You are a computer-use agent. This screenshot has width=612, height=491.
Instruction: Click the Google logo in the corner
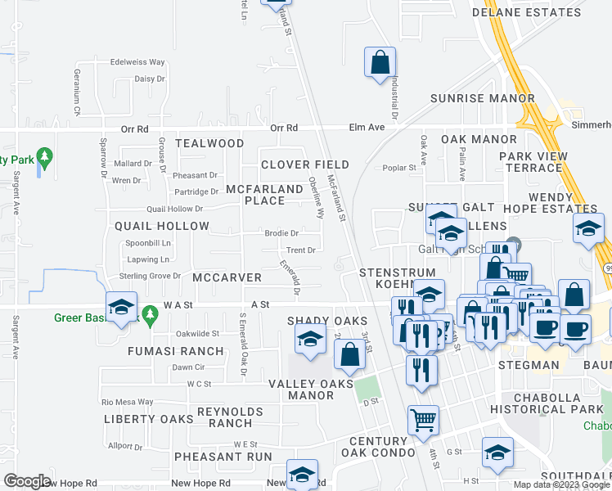27,481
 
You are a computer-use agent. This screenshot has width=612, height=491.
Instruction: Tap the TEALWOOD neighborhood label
209,143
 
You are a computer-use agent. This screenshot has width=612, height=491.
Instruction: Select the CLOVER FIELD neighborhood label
305,164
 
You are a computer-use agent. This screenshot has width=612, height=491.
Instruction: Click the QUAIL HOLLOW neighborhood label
162,226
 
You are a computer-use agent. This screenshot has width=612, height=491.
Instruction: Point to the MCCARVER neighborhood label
227,278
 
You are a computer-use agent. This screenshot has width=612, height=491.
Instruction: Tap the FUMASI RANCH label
175,351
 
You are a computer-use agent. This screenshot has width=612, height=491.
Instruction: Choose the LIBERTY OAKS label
148,419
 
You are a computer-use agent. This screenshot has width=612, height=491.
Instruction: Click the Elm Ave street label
366,128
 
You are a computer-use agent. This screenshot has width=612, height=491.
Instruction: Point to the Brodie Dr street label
281,233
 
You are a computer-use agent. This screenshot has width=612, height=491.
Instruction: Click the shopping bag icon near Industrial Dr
380,62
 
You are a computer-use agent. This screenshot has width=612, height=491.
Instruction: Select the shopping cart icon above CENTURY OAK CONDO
423,419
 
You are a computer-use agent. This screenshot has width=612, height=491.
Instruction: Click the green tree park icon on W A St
149,313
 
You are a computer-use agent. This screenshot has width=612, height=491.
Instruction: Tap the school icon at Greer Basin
122,308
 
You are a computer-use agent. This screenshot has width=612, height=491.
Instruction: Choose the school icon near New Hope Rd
302,475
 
